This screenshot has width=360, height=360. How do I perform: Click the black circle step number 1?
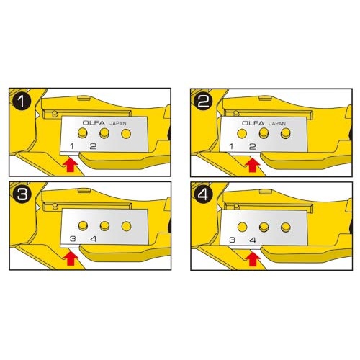[x=22, y=102]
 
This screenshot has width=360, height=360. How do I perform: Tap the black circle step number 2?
[x=204, y=102]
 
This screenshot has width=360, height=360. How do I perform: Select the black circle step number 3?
[x=22, y=194]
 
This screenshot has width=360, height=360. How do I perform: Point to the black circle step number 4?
[x=204, y=194]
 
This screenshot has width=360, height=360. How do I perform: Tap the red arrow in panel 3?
[x=71, y=258]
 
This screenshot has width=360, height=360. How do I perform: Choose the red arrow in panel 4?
[x=252, y=258]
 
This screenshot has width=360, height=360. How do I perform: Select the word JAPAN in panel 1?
[x=118, y=124]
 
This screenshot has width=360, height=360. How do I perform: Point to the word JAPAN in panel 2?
[x=277, y=124]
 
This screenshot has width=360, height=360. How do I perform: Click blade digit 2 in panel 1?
[x=93, y=146]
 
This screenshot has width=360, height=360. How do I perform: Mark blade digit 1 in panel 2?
[x=231, y=146]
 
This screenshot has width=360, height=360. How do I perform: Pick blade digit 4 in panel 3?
[x=93, y=239]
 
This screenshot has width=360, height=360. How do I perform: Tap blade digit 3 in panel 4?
[x=232, y=240]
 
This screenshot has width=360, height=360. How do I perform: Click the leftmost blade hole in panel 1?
[x=83, y=133]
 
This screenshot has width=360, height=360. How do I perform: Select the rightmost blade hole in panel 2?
[x=286, y=133]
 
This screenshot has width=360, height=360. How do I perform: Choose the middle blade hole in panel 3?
[x=104, y=226]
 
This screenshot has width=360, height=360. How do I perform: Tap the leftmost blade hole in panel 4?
[x=242, y=227]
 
